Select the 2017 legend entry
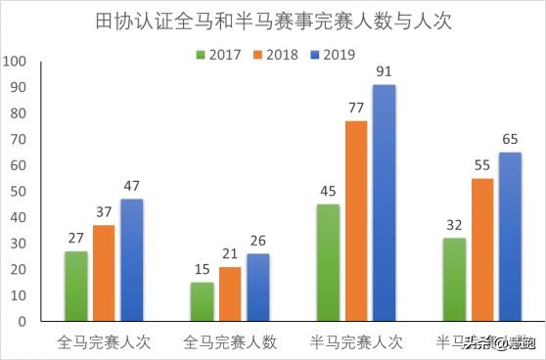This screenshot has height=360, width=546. [x=221, y=53]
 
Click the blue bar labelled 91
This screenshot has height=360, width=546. [x=384, y=202]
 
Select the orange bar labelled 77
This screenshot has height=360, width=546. [x=355, y=221]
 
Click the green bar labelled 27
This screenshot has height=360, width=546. [x=75, y=286]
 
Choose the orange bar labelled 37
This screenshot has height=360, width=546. [x=104, y=273]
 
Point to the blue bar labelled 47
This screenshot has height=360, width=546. [x=132, y=260]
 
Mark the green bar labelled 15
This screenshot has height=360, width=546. [x=201, y=301]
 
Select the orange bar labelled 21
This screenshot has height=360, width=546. [x=229, y=293]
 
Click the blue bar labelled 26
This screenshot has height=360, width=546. [x=257, y=288]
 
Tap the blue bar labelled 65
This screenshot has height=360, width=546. [x=510, y=236]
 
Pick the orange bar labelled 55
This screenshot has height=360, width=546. [x=481, y=249]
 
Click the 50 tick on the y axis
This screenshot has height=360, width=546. [x=17, y=191]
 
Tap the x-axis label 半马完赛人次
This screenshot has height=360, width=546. [x=355, y=342]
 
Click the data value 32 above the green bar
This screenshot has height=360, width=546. [x=453, y=225]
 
